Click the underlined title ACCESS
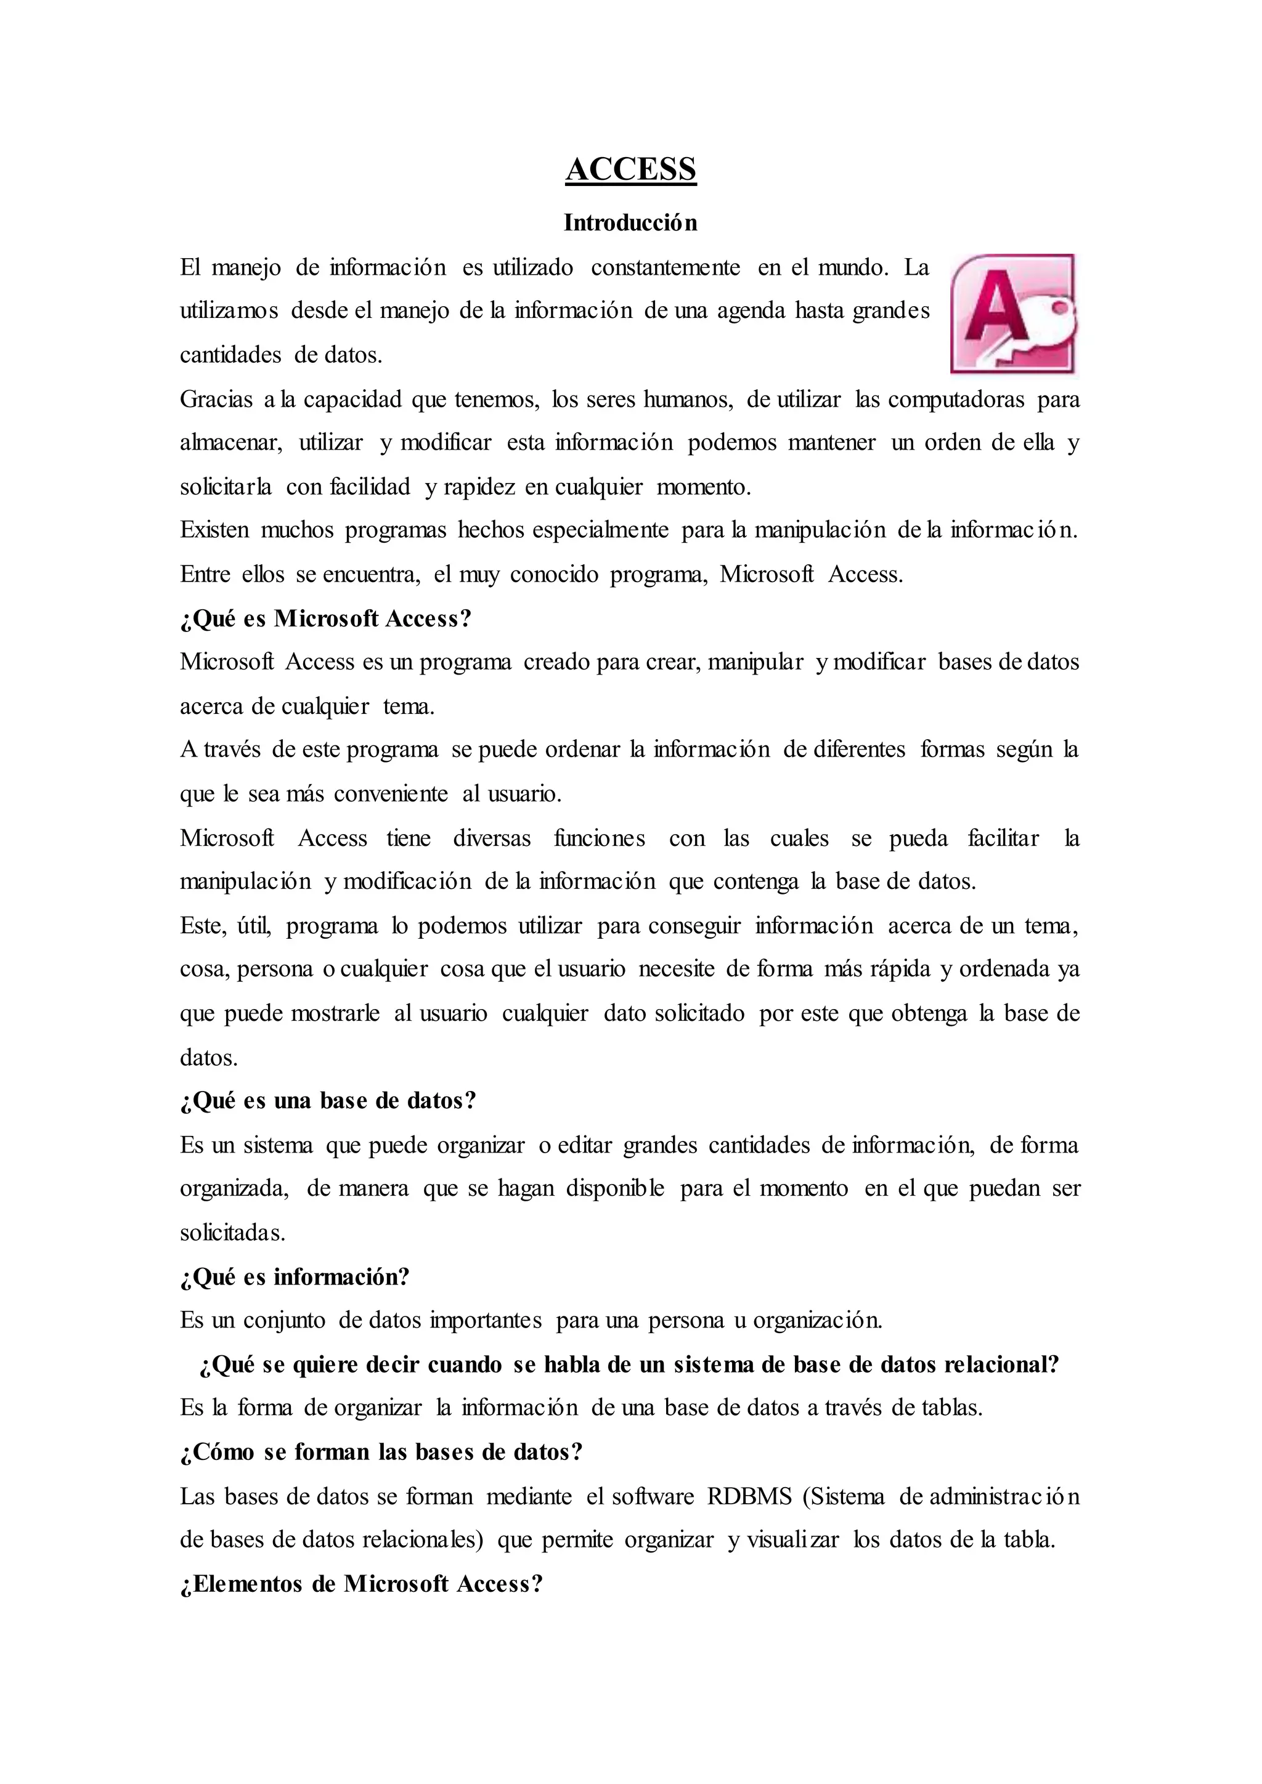630,169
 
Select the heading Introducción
630,223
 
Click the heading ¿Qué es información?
295,1276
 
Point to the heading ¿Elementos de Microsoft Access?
360,1584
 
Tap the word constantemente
665,267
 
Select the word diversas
492,838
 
